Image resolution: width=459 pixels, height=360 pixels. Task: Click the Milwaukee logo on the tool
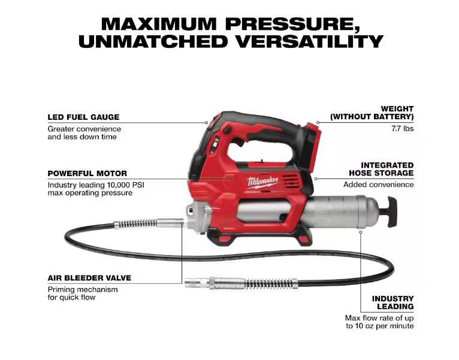pyautogui.click(x=262, y=183)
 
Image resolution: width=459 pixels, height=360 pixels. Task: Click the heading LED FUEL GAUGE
pyautogui.click(x=83, y=117)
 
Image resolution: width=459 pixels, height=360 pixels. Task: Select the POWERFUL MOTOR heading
pyautogui.click(x=87, y=173)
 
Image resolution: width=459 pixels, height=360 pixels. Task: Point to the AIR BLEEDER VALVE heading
pyautogui.click(x=89, y=278)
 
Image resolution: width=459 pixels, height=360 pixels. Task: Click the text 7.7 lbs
pyautogui.click(x=403, y=129)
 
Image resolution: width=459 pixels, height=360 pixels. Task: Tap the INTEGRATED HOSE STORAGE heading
pyautogui.click(x=381, y=169)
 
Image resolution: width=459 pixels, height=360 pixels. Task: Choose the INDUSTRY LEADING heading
pyautogui.click(x=392, y=302)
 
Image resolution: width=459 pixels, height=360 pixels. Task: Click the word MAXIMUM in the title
pyautogui.click(x=159, y=24)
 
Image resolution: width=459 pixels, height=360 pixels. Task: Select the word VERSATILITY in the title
pyautogui.click(x=310, y=41)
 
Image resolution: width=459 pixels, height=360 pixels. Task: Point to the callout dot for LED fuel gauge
pyautogui.click(x=206, y=123)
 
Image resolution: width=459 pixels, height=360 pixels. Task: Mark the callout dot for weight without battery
pyautogui.click(x=318, y=122)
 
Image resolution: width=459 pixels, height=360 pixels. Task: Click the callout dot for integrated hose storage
pyautogui.click(x=316, y=179)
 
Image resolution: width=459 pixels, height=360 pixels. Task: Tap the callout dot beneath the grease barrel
pyautogui.click(x=361, y=232)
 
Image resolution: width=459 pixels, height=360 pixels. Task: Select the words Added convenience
pyautogui.click(x=379, y=184)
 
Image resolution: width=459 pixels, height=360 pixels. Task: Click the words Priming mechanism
pyautogui.click(x=83, y=290)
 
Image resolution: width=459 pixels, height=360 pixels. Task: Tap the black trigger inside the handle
pyautogui.click(x=238, y=142)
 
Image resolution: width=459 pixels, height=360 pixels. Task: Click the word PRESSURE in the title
pyautogui.click(x=292, y=25)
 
